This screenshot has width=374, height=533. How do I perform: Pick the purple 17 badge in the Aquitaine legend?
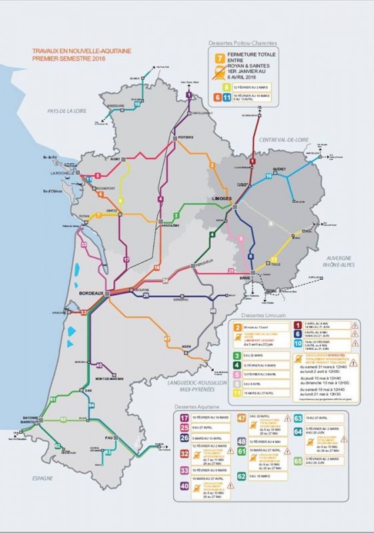183,418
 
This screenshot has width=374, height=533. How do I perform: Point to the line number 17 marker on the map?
126,259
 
